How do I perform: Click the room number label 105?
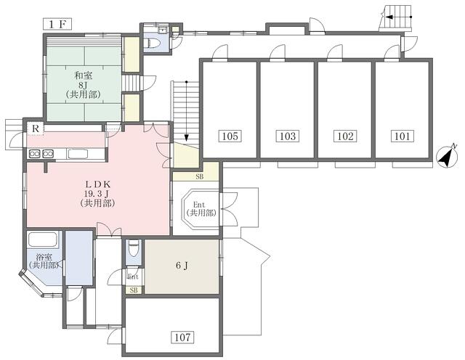[230, 136]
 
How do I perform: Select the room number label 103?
[288, 136]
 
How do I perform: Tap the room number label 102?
[346, 136]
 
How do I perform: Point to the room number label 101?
[403, 136]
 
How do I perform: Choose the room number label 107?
[182, 337]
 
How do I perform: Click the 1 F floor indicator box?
[57, 24]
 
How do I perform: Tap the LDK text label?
[98, 184]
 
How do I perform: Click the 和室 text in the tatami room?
[84, 76]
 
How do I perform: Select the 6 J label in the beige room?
[182, 266]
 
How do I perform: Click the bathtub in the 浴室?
[42, 240]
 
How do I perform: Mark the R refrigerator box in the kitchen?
[36, 129]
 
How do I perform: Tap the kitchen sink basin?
[78, 154]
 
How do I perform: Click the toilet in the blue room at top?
[153, 44]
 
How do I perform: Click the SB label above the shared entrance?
[200, 177]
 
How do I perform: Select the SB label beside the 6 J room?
[134, 290]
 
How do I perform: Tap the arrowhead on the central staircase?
[186, 137]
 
